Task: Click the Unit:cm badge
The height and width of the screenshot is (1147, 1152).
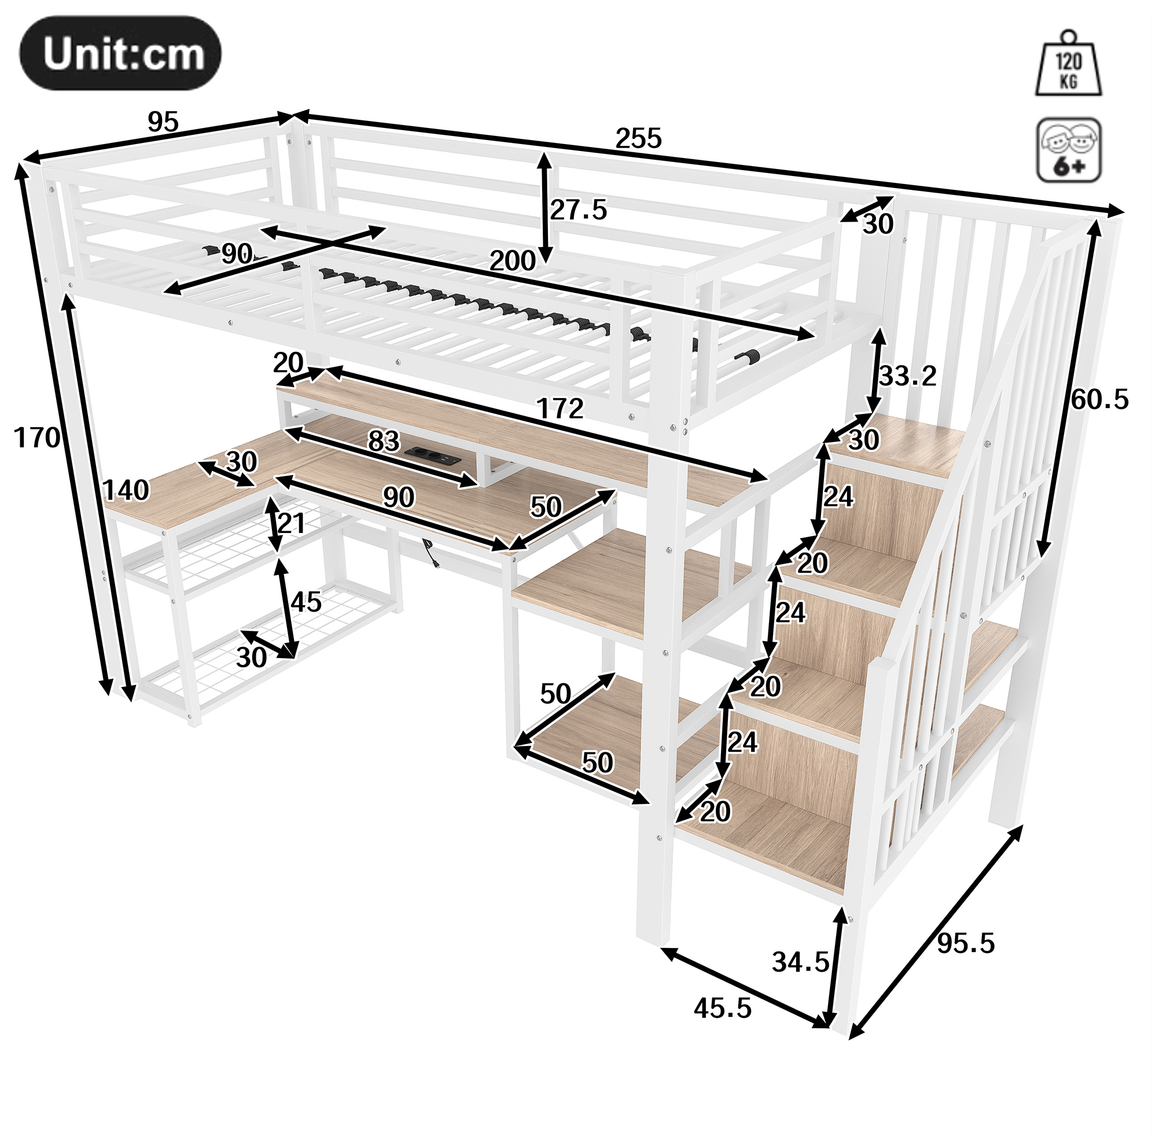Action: tap(120, 54)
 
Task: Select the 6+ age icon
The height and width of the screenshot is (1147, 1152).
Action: tap(1069, 150)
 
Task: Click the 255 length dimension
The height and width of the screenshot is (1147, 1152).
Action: tap(639, 138)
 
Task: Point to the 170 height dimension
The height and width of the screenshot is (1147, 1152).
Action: tap(37, 438)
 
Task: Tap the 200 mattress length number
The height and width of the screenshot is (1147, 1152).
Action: tap(512, 260)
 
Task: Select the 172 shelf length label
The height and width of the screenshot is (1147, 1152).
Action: tap(560, 409)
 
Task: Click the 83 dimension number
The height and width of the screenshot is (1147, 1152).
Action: tap(384, 442)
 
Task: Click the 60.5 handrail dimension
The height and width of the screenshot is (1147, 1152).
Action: tap(1100, 399)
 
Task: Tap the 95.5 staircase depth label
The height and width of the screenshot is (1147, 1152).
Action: tap(966, 943)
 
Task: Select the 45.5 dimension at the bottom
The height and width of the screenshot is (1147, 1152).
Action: tap(723, 1008)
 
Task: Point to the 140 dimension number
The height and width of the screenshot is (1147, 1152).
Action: tap(125, 490)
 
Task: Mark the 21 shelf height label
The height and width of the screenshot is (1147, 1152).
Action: tap(292, 523)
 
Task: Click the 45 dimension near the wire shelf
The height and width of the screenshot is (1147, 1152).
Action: tap(306, 602)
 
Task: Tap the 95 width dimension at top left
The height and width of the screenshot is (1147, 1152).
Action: tap(163, 122)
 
